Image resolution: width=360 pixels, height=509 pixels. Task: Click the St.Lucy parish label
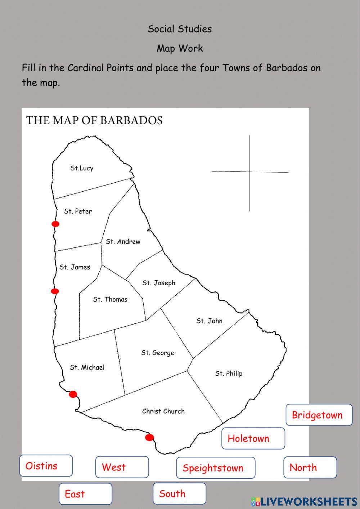(x=82, y=168)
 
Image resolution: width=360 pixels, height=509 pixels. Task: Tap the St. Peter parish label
(x=78, y=211)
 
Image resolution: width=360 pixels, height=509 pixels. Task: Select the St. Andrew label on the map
(x=123, y=242)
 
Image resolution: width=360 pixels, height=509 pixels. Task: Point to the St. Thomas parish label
(x=110, y=299)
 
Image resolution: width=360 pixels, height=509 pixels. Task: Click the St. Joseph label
(x=159, y=283)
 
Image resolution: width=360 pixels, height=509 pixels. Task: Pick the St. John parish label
(x=209, y=321)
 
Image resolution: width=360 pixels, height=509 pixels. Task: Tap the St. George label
(x=158, y=353)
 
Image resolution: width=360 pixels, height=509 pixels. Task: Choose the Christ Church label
(x=163, y=411)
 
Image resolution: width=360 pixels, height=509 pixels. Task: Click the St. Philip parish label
(x=229, y=374)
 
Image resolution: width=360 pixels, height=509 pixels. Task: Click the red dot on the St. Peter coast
(x=55, y=224)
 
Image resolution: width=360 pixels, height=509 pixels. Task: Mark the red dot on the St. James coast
(x=55, y=291)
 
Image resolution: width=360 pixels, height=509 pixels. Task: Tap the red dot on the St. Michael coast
(x=73, y=394)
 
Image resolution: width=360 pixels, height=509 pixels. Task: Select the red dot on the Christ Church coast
(x=149, y=438)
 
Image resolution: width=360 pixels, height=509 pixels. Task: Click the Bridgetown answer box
(x=319, y=415)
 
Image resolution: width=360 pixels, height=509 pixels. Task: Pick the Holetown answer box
(x=253, y=438)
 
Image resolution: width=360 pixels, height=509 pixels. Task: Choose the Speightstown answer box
(x=216, y=468)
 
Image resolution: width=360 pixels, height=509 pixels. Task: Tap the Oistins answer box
(x=46, y=466)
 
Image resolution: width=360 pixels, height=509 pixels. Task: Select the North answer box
(x=310, y=468)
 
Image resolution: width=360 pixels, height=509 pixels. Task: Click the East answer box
(x=85, y=494)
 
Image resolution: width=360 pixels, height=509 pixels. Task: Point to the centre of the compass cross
(x=250, y=172)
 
